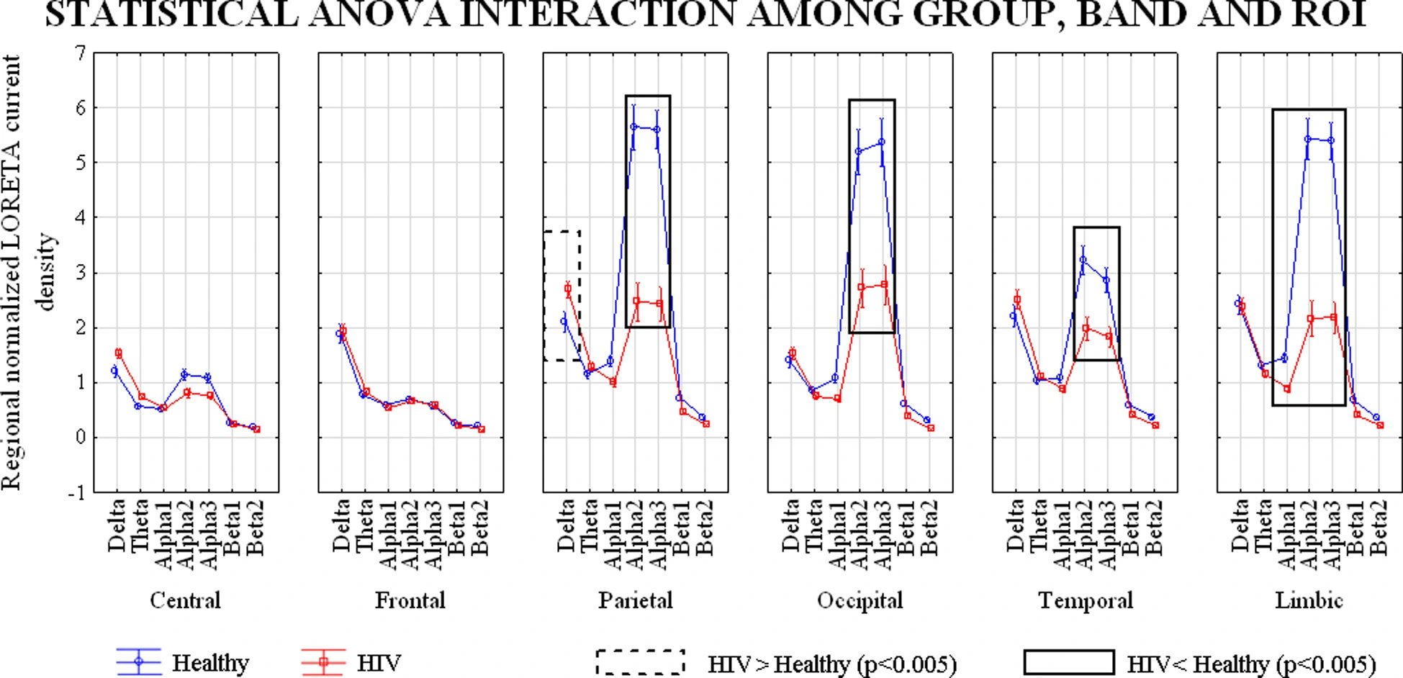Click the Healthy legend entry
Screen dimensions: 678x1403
click(210, 662)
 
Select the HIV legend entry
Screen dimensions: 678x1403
click(379, 662)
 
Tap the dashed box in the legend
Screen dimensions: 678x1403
click(640, 662)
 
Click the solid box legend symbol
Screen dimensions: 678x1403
click(1068, 662)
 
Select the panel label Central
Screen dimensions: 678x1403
click(185, 600)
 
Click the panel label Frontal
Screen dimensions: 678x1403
click(410, 600)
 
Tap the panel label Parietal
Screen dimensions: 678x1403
click(635, 600)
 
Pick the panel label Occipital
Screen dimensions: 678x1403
click(860, 600)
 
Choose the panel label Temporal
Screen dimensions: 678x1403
click(1085, 600)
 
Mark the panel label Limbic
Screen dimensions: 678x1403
click(1309, 600)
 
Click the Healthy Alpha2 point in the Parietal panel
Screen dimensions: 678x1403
click(633, 127)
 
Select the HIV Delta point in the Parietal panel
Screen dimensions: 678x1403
click(568, 289)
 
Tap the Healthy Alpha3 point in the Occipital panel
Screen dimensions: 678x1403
click(881, 142)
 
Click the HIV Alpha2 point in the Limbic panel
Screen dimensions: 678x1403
click(1311, 319)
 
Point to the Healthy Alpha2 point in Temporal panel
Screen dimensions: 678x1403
click(1083, 260)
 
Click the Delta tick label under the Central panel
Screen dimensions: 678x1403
click(117, 525)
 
